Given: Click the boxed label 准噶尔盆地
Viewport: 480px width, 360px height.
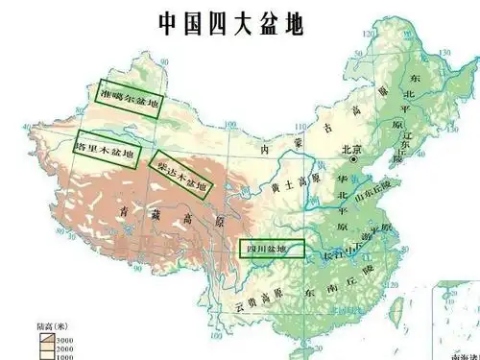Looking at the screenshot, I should (x=132, y=96).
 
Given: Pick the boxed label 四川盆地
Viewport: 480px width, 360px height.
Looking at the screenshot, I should (x=272, y=250).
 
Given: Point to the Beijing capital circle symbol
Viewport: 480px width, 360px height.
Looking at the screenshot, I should (x=354, y=161).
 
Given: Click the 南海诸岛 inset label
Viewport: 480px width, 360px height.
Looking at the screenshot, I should (x=458, y=353).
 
